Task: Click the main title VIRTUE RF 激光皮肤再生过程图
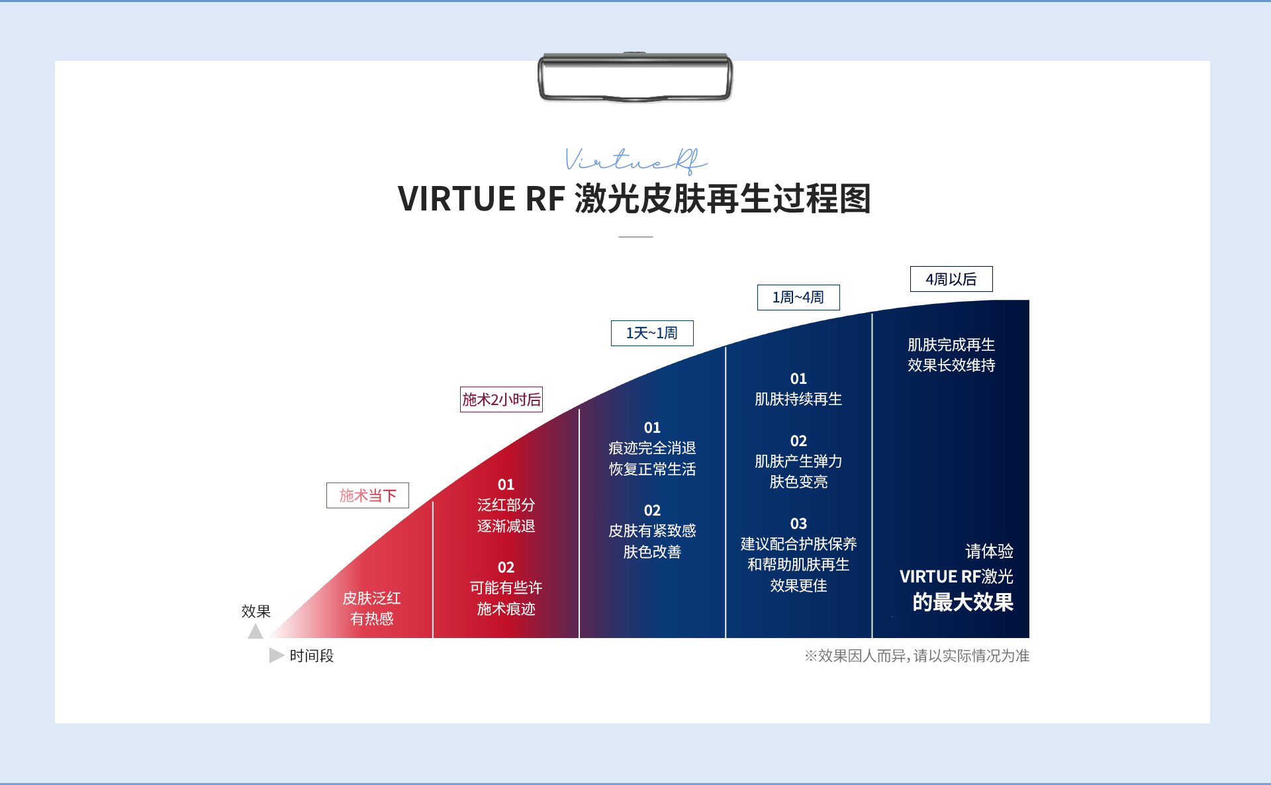pyautogui.click(x=634, y=199)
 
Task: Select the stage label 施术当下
pyautogui.click(x=367, y=496)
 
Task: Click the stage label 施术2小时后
pyautogui.click(x=501, y=400)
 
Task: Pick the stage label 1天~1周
pyautogui.click(x=652, y=334)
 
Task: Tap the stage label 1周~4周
pyautogui.click(x=798, y=298)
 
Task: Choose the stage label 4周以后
pyautogui.click(x=951, y=279)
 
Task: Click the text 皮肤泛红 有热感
pyautogui.click(x=371, y=608)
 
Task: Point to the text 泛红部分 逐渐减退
pyautogui.click(x=506, y=516)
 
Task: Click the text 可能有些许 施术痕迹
pyautogui.click(x=506, y=598)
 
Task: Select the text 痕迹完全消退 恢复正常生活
pyautogui.click(x=652, y=459)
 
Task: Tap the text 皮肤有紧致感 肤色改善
pyautogui.click(x=652, y=541)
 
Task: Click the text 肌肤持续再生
pyautogui.click(x=798, y=399)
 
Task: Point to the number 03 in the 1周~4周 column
pyautogui.click(x=798, y=524)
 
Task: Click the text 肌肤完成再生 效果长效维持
pyautogui.click(x=951, y=355)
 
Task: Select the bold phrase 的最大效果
pyautogui.click(x=963, y=602)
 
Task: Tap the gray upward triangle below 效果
pyautogui.click(x=256, y=631)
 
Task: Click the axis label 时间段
pyautogui.click(x=312, y=656)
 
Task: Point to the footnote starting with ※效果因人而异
pyautogui.click(x=917, y=656)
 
